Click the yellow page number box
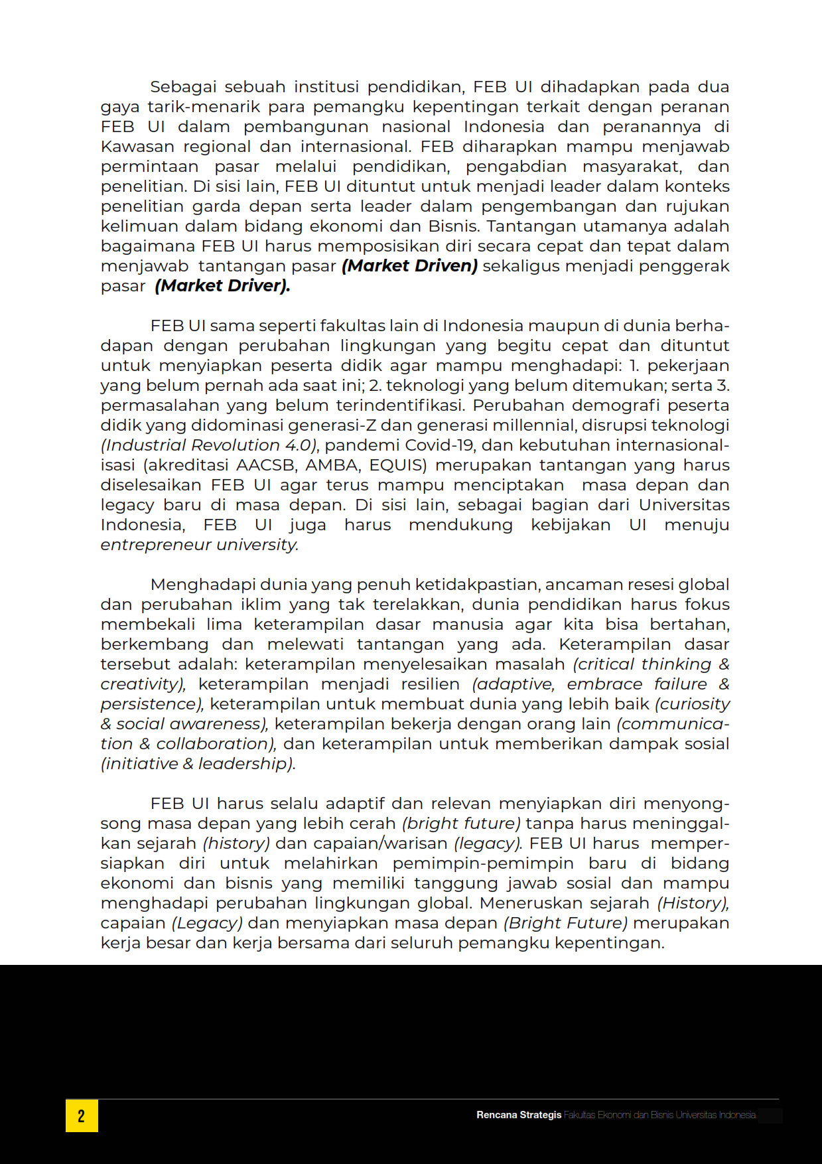[82, 1115]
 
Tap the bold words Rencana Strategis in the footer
[518, 1115]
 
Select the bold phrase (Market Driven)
[409, 266]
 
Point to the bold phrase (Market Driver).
[222, 286]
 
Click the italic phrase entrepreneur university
[199, 545]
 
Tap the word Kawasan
[137, 147]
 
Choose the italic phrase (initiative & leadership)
[198, 764]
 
